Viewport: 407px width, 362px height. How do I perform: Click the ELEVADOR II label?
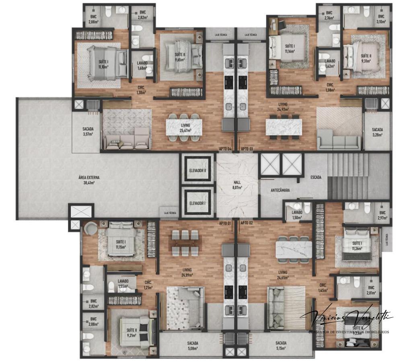(x=197, y=170)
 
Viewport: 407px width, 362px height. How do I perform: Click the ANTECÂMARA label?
(x=281, y=190)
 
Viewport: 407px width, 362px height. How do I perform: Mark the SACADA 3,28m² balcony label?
(x=377, y=132)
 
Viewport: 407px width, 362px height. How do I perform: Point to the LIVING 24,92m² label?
(x=282, y=107)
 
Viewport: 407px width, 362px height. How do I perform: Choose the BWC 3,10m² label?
(x=381, y=19)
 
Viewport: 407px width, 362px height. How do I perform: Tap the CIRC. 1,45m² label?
(x=323, y=287)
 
